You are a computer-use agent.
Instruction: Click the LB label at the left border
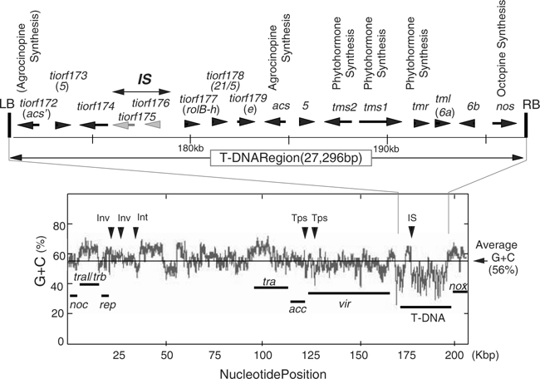[7, 104]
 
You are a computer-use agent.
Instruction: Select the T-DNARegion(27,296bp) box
[268, 159]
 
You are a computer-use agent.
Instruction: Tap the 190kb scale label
[387, 148]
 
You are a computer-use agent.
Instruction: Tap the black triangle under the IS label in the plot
[411, 234]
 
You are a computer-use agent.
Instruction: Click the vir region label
[344, 304]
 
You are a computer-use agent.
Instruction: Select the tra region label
[268, 282]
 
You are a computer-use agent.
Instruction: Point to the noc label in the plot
[79, 305]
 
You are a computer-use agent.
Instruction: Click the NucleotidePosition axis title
[268, 372]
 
